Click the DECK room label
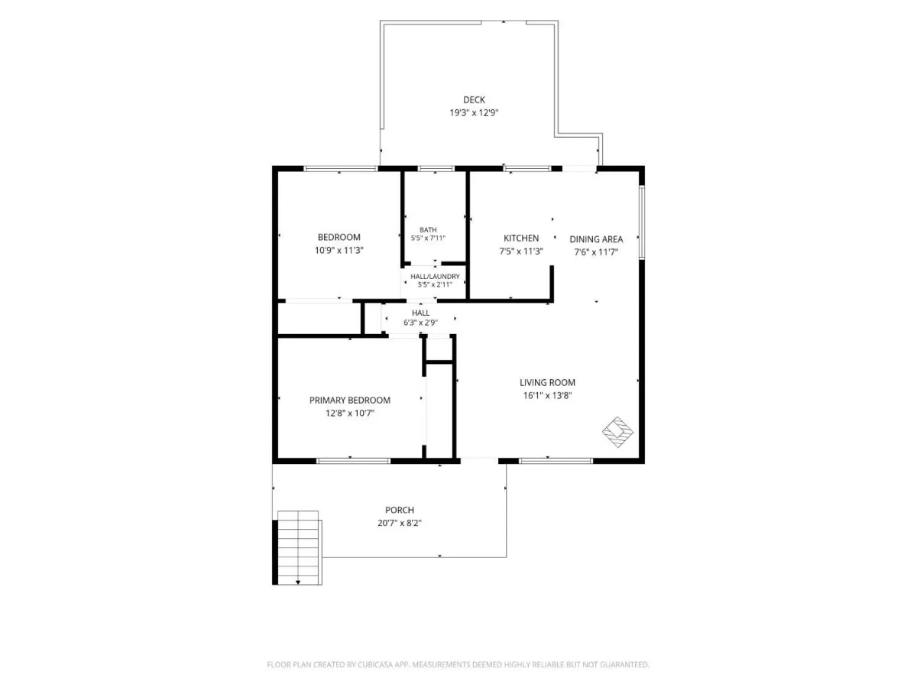474,100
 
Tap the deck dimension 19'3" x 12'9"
474,113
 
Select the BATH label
428,230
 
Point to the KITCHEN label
521,238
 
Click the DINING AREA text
596,239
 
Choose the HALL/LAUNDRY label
435,277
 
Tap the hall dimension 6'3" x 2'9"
420,323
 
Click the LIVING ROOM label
547,383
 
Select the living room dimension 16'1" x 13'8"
547,395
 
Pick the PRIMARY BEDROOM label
350,400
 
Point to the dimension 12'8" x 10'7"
350,413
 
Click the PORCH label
400,510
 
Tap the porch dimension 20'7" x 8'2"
400,523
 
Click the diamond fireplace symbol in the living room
617,432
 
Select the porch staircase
299,547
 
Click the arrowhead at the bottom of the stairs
298,582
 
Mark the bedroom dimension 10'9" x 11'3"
339,250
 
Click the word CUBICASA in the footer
375,664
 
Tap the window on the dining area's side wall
642,222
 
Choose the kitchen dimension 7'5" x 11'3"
521,252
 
